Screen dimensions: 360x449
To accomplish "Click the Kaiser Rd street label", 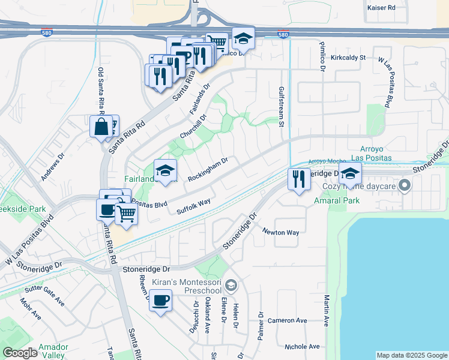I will pyautogui.click(x=381, y=8).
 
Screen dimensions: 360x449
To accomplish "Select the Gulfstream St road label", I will pyautogui.click(x=280, y=106).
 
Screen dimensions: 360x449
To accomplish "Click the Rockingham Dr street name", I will pyautogui.click(x=208, y=170).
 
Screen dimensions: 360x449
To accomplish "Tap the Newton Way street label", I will pyautogui.click(x=280, y=232).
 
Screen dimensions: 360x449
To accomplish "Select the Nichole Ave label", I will pyautogui.click(x=303, y=347).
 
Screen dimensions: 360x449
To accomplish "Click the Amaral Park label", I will pyautogui.click(x=337, y=200).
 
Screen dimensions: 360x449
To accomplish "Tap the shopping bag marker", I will pyautogui.click(x=101, y=127).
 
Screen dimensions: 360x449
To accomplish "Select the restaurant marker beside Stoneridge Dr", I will pyautogui.click(x=298, y=178).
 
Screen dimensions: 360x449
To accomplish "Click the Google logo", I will pyautogui.click(x=20, y=353).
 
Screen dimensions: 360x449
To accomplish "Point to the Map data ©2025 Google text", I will pyautogui.click(x=411, y=355).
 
